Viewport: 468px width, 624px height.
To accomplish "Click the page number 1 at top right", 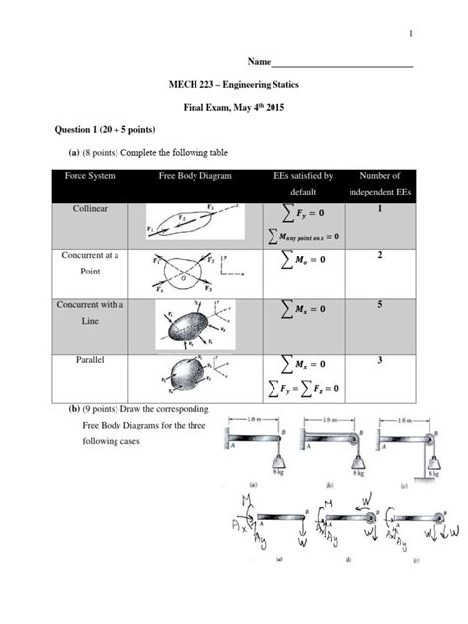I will [x=410, y=35].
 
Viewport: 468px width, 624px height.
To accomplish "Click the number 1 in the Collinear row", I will [x=378, y=210].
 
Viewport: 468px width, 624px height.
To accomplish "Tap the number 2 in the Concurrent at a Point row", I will [x=378, y=256].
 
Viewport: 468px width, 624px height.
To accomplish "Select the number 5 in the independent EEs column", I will [x=378, y=306].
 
